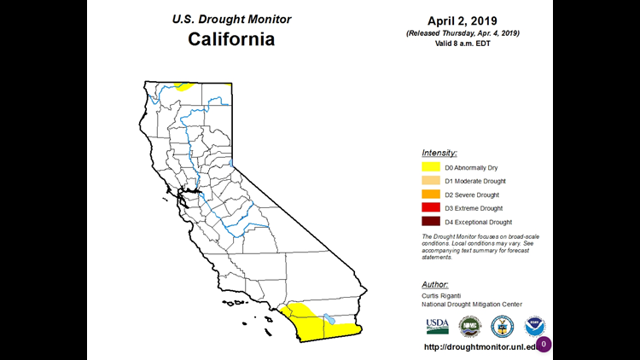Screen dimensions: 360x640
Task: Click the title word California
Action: (x=232, y=39)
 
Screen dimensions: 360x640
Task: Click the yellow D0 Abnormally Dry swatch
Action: (x=430, y=168)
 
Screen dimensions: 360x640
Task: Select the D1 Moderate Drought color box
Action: (x=430, y=182)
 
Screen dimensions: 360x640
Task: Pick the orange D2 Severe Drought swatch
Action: (x=430, y=195)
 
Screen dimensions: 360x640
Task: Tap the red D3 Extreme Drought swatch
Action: (x=430, y=208)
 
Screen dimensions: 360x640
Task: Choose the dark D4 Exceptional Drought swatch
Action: (x=430, y=222)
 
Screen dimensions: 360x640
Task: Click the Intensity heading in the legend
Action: (x=439, y=153)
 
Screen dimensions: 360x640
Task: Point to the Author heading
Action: (x=436, y=284)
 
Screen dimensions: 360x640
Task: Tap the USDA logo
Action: (x=437, y=326)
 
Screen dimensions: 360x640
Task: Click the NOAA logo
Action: (x=535, y=326)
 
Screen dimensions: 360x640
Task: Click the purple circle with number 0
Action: (x=544, y=344)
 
